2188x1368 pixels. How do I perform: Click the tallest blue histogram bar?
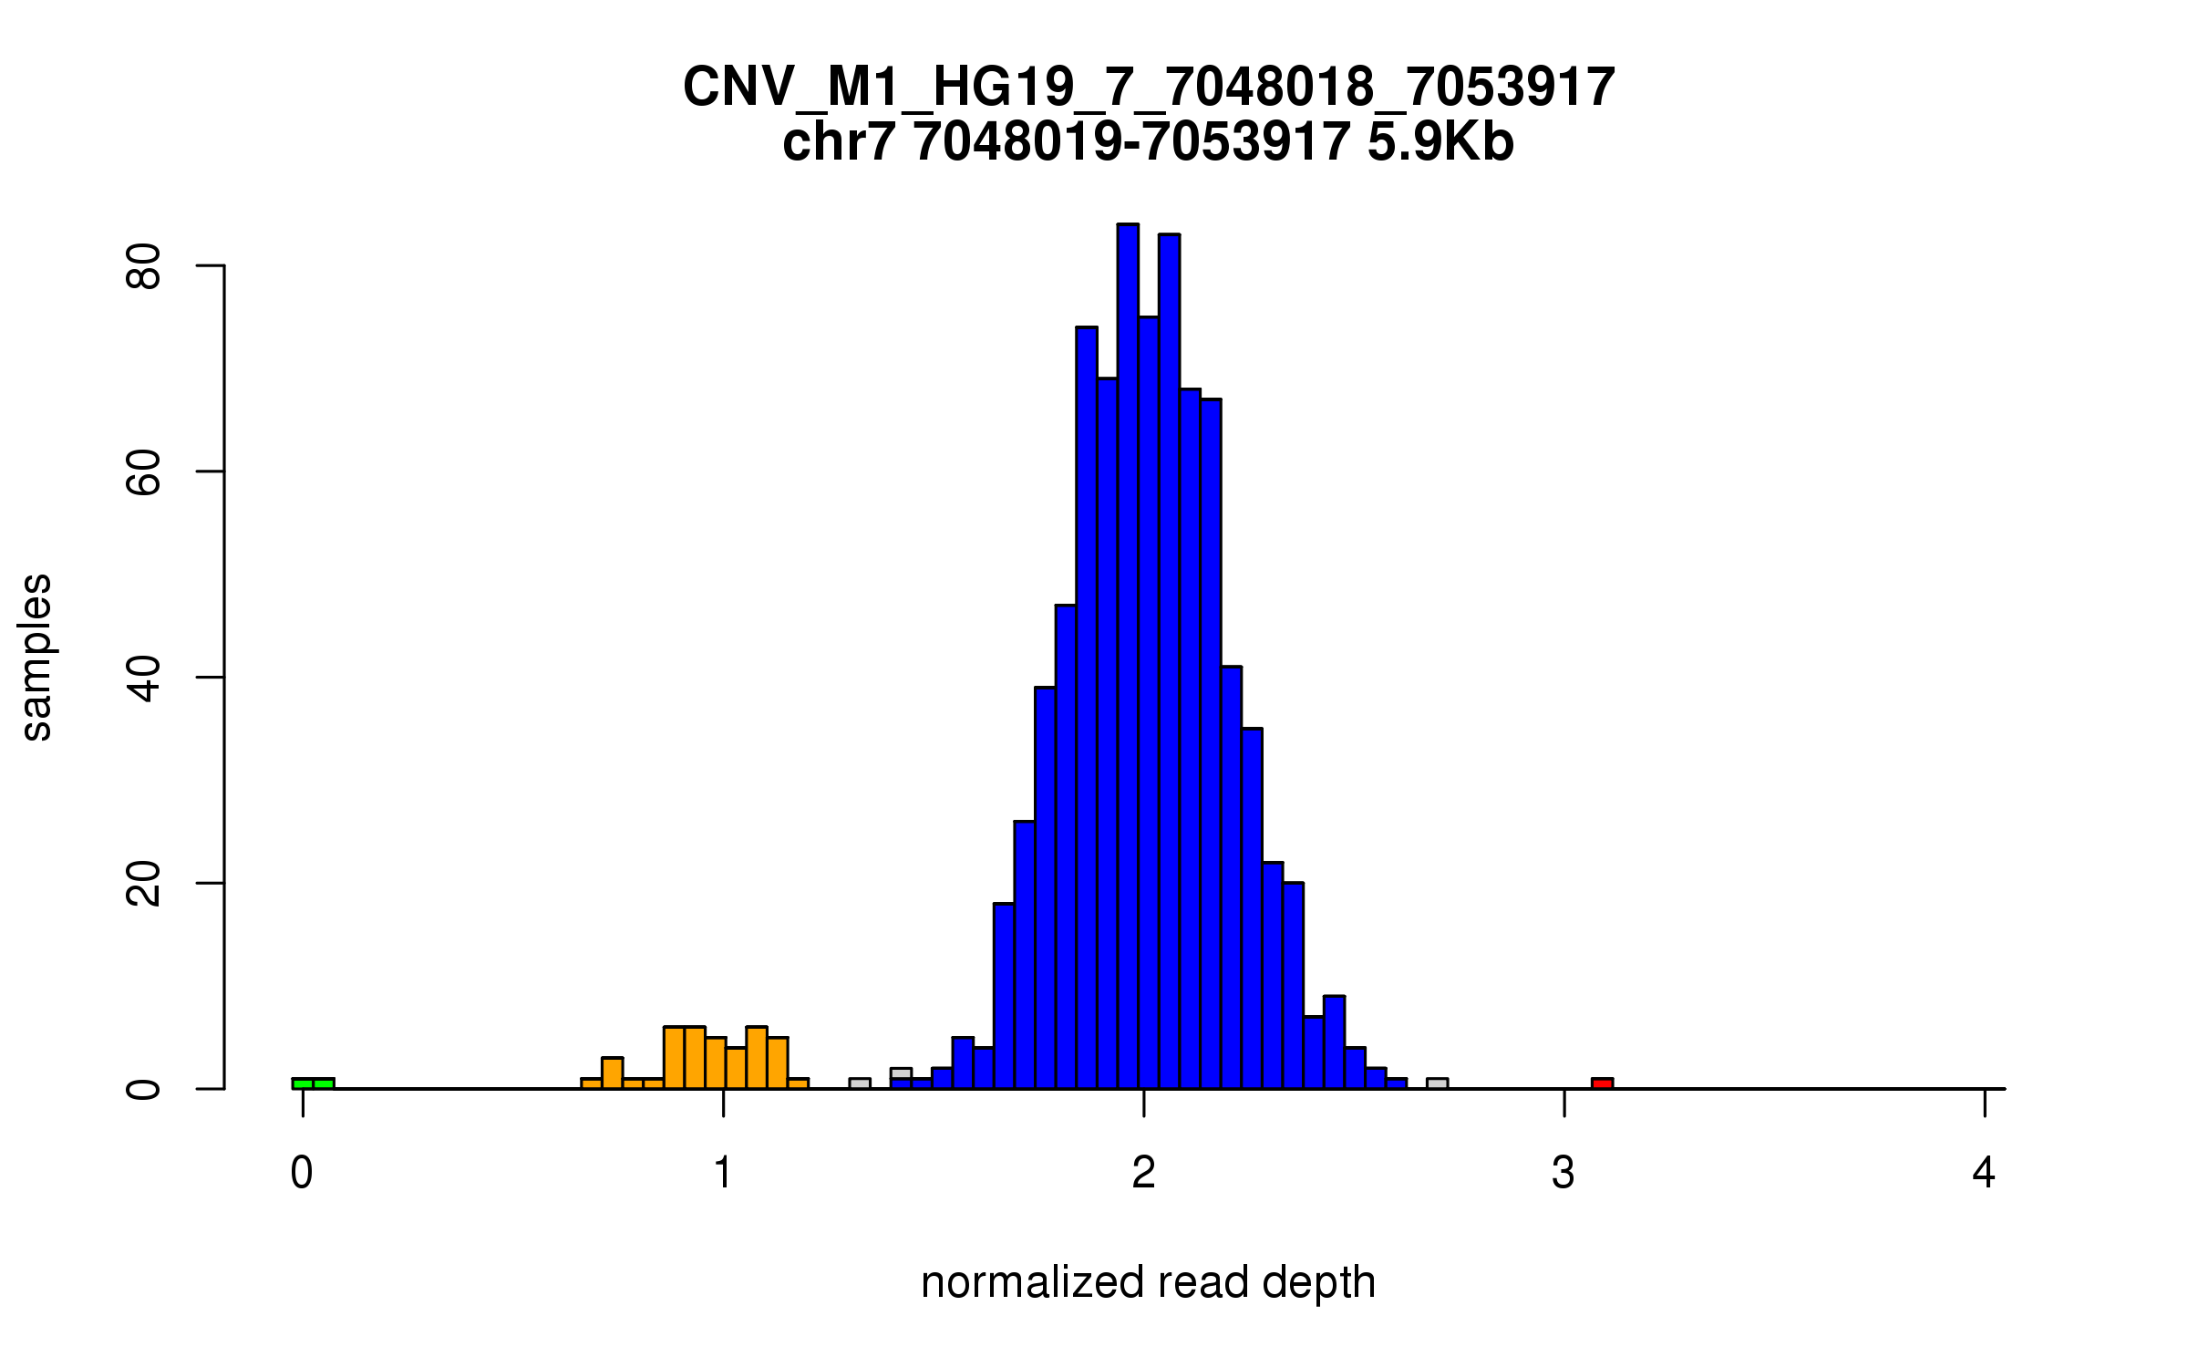[x=1128, y=657]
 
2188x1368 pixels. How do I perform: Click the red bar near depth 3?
[x=1602, y=1083]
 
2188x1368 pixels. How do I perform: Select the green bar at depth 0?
[x=313, y=1083]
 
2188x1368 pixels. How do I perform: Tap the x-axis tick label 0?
[x=302, y=1173]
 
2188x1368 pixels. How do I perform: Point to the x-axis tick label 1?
[x=723, y=1173]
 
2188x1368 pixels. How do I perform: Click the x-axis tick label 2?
[x=1143, y=1173]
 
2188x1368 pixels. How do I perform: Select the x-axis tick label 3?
[x=1564, y=1173]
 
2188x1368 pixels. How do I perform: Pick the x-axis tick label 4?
[x=1984, y=1173]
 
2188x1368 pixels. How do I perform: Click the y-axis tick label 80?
[x=144, y=265]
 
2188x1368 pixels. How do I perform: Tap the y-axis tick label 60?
[x=144, y=472]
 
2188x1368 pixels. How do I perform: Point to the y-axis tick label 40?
[x=144, y=678]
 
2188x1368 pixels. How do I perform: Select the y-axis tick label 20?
[x=144, y=883]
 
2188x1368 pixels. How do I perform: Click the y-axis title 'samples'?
[x=36, y=657]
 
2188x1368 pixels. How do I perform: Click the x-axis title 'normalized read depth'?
[x=1148, y=1282]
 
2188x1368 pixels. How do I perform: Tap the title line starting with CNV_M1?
[x=1149, y=88]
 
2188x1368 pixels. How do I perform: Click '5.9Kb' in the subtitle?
[x=1440, y=142]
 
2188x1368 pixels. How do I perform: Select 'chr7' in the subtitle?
[x=839, y=142]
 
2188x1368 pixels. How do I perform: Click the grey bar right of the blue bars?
[x=1437, y=1083]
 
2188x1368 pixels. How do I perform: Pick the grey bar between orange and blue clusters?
[x=859, y=1083]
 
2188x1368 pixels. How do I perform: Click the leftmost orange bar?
[x=591, y=1083]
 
